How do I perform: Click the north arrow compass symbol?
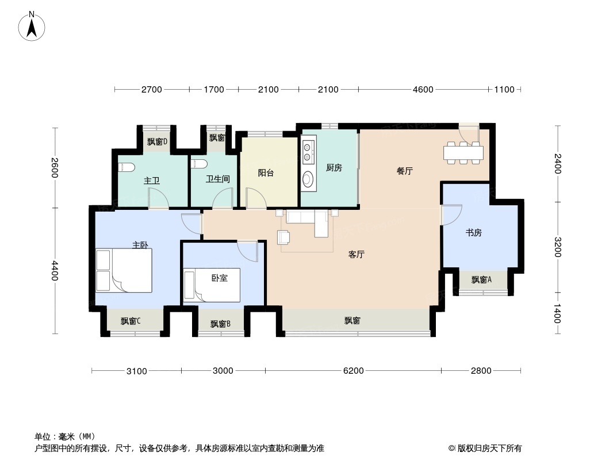pos(32,26)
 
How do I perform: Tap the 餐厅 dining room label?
pos(405,171)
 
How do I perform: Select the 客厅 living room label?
pos(356,254)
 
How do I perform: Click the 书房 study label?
pos(473,232)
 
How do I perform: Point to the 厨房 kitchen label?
pos(334,168)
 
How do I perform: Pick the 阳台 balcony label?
pos(266,172)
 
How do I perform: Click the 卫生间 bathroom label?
pos(218,179)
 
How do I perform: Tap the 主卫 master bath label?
pos(152,181)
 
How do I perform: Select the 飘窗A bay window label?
pos(481,279)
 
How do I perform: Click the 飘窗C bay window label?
pos(131,321)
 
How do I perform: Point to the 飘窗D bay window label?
pos(157,141)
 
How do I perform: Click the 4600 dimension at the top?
pos(423,90)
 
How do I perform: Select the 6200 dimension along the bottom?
pos(354,370)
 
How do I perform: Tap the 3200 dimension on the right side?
pos(558,247)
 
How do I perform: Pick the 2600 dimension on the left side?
pos(54,167)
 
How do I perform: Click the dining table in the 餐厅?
pos(463,152)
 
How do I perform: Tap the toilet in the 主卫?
pos(127,167)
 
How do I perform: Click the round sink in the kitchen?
pos(308,179)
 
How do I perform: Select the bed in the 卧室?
pos(212,285)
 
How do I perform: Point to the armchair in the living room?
pos(283,237)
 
